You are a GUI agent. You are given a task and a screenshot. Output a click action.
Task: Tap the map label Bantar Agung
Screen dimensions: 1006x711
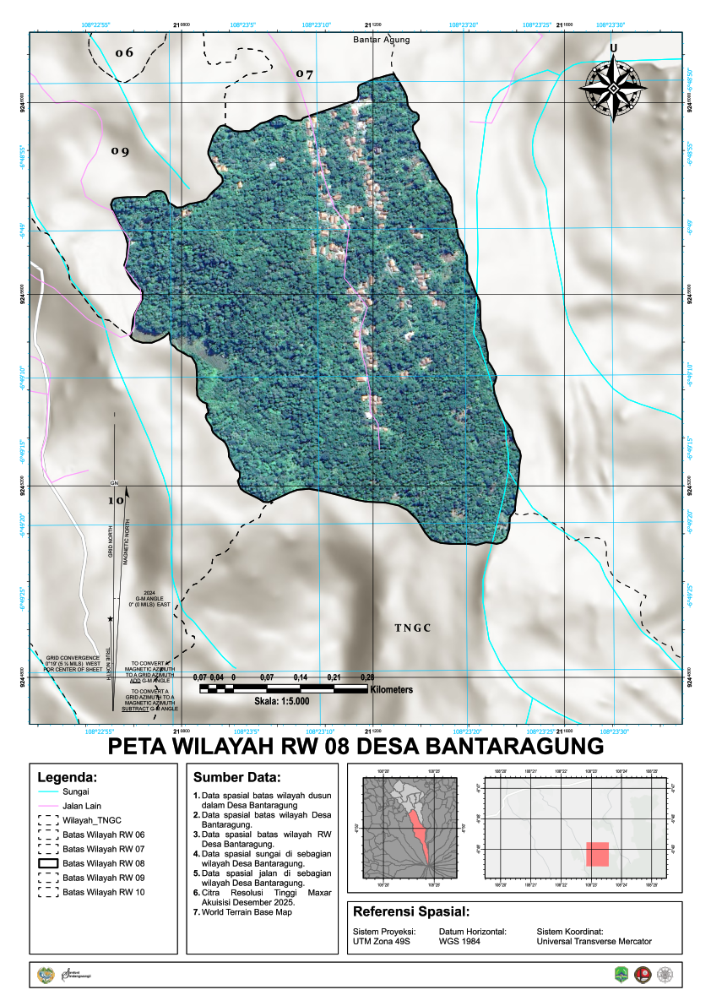382,40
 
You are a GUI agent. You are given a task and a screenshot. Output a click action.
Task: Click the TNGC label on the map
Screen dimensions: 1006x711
413,628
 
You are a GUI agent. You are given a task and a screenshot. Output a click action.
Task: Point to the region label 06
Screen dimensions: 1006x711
124,53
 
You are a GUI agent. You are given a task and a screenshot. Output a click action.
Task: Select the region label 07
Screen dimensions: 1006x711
304,74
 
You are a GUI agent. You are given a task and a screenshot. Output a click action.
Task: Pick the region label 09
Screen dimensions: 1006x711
120,152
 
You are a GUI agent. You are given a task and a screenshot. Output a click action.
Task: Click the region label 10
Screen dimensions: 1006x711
116,500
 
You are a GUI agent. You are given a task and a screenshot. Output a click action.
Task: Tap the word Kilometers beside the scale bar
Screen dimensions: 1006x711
391,690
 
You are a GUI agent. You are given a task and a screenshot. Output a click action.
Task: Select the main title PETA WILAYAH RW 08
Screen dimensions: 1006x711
355,747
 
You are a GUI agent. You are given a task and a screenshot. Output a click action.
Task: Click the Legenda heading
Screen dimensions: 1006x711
68,777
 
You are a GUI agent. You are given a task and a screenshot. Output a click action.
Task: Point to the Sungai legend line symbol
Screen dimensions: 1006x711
47,792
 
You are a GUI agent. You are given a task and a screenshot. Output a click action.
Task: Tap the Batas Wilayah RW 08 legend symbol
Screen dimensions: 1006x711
47,863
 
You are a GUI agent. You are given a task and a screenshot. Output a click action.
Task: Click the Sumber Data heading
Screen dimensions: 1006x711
236,777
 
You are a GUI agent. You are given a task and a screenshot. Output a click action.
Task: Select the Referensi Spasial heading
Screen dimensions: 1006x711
411,912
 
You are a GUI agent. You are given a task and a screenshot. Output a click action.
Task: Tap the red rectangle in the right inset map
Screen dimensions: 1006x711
597,853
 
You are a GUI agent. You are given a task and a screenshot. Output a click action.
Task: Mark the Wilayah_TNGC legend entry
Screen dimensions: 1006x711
92,820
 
